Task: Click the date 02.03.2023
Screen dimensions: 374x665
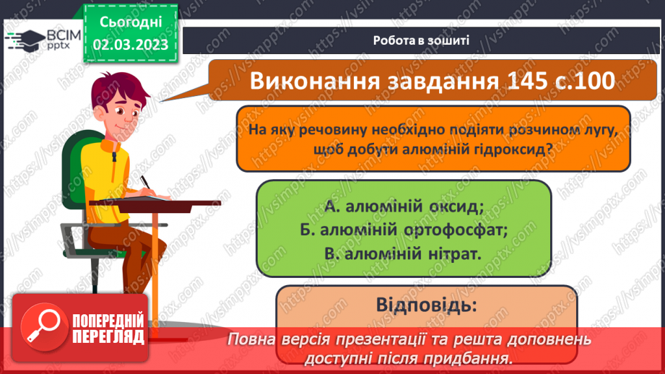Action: pyautogui.click(x=131, y=44)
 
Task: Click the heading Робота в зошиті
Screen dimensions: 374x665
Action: pyautogui.click(x=422, y=40)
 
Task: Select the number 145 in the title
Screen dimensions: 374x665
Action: pyautogui.click(x=518, y=81)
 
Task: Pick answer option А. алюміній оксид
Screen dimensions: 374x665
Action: pyautogui.click(x=403, y=207)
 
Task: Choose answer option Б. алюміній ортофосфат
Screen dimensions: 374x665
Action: pyautogui.click(x=403, y=230)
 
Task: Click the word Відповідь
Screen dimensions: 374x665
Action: pyautogui.click(x=426, y=305)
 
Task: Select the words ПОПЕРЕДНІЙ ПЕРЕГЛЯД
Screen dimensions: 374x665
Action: pyautogui.click(x=109, y=329)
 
